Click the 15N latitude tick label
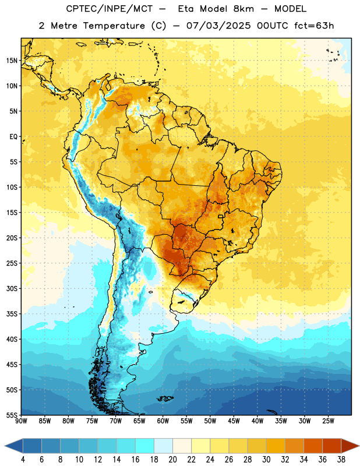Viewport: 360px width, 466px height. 12,61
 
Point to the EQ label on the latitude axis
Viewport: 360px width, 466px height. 13,137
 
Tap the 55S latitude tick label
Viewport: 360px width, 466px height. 12,415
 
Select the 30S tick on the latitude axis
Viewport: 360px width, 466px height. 12,288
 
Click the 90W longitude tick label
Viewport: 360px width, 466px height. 21,421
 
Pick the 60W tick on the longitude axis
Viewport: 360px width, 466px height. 163,421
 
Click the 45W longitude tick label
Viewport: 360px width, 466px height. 234,421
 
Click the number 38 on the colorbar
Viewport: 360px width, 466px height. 341,460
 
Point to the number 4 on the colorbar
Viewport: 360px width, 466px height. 23,460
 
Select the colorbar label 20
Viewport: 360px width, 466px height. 172,460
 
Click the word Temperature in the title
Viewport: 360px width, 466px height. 114,26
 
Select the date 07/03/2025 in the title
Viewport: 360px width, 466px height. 218,26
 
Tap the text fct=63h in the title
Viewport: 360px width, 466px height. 314,26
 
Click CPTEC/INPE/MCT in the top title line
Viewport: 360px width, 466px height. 109,9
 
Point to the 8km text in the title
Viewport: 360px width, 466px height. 243,9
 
